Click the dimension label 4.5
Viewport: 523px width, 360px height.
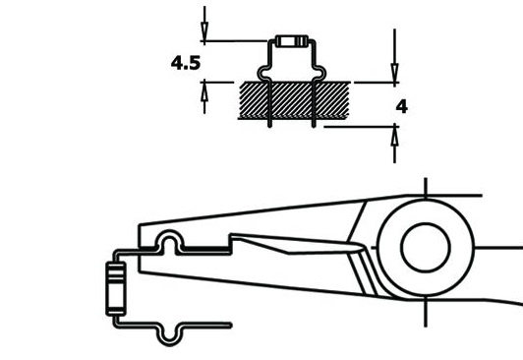pos(186,63)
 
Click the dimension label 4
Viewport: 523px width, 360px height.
pos(402,107)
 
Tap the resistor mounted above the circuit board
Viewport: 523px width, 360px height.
pos(292,41)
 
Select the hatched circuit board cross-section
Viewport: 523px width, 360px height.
pos(294,100)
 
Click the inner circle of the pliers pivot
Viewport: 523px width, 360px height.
pos(426,247)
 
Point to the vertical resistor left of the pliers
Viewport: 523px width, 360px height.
pos(116,288)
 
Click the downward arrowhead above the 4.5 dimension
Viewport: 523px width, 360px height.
pos(204,31)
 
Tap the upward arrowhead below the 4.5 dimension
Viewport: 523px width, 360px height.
pos(204,91)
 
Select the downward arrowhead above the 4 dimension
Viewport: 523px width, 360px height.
pos(395,73)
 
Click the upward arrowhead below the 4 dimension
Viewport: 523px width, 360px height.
pos(395,136)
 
